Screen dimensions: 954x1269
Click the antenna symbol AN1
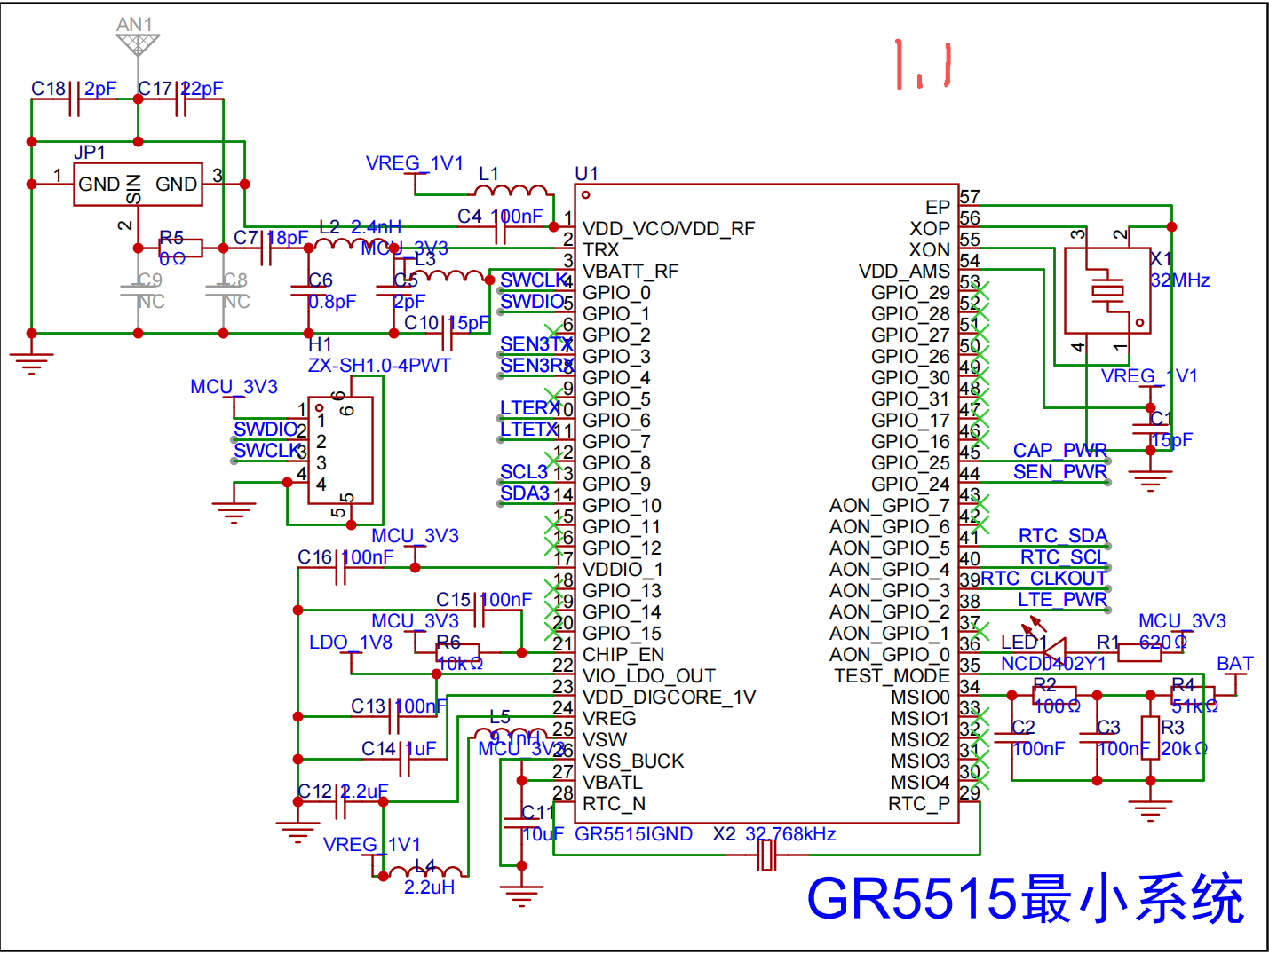pos(138,43)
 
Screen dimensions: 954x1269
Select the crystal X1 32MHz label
pos(1180,270)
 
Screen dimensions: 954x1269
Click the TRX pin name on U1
pos(601,250)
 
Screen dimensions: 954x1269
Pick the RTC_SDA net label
pos(1062,536)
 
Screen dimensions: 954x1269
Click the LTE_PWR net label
pos(1062,600)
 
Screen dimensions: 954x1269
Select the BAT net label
pos(1234,664)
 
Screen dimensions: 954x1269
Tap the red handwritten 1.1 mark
pos(924,65)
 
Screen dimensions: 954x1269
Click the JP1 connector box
pos(138,185)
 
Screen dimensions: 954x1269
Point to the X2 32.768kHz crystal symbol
pos(766,855)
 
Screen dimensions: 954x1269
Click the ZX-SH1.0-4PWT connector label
pos(379,366)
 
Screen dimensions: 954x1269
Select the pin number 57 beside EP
pos(970,197)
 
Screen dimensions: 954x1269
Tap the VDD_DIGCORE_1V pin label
pos(669,698)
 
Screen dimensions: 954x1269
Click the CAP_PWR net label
pos(1059,451)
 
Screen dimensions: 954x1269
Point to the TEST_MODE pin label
pos(892,676)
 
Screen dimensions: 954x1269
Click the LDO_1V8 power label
pos(350,643)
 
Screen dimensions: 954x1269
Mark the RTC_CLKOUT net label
pos(1043,579)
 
